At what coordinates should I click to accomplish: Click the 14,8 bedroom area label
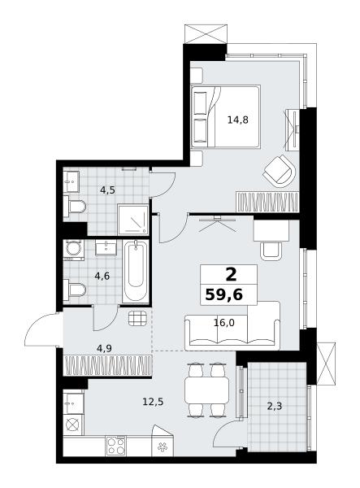tap(238, 120)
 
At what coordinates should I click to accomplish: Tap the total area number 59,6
tap(223, 294)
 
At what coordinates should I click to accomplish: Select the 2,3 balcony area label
tap(275, 406)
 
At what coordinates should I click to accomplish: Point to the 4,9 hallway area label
tap(104, 348)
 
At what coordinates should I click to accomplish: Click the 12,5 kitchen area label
tap(153, 402)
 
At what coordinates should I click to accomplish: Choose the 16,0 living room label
tap(224, 323)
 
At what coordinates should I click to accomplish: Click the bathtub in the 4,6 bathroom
tap(136, 271)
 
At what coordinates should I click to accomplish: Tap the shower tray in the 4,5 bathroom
tap(133, 220)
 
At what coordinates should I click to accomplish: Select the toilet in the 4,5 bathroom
tap(75, 207)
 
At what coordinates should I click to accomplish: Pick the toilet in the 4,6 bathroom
tap(75, 290)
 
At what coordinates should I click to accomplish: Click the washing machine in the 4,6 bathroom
tap(74, 250)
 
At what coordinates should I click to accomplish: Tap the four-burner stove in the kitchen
tap(115, 447)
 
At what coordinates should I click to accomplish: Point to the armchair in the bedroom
tap(280, 171)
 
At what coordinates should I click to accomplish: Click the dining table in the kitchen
tap(206, 390)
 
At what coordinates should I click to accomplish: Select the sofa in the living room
tap(232, 325)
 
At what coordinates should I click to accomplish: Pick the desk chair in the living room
tap(271, 251)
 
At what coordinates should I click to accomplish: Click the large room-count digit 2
tap(231, 275)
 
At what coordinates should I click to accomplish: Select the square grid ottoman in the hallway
tap(137, 319)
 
